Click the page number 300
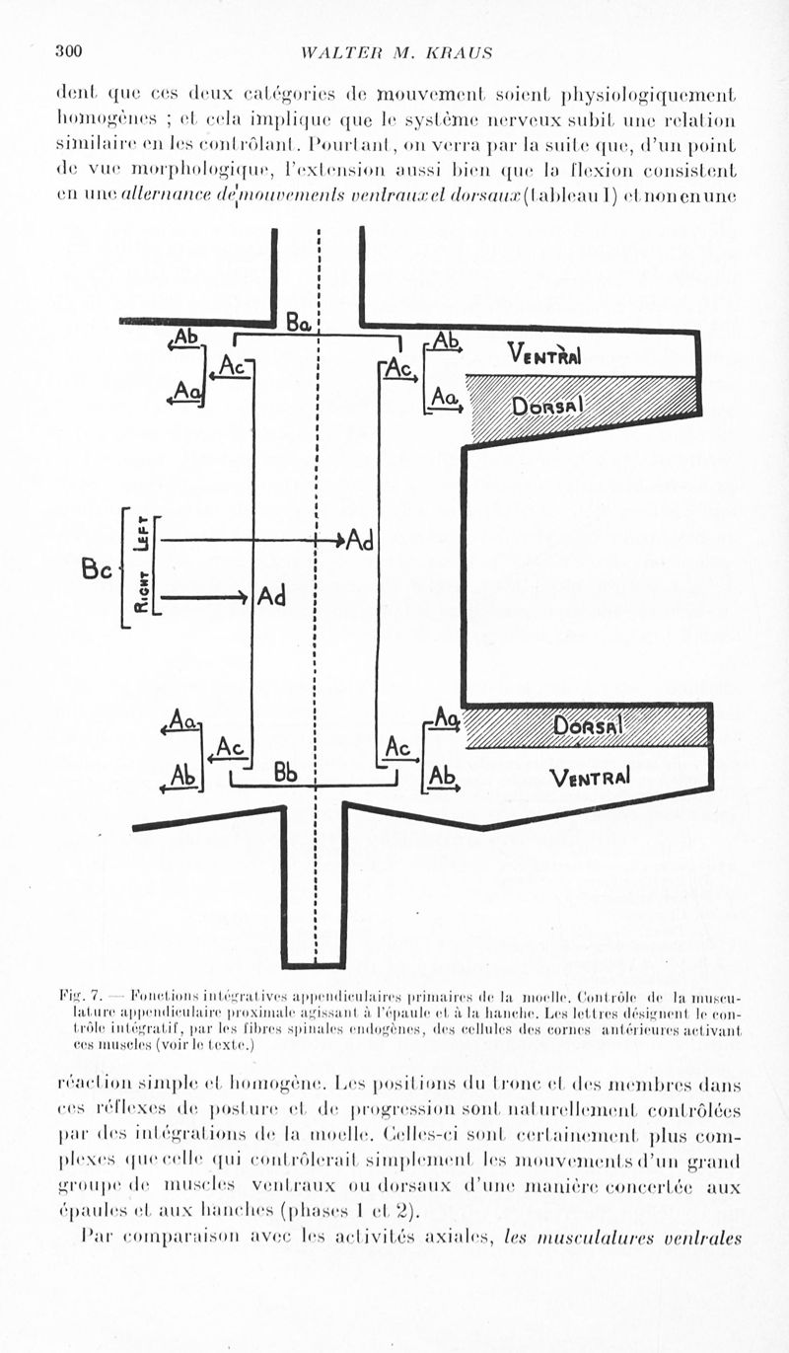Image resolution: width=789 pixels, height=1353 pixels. tap(68, 50)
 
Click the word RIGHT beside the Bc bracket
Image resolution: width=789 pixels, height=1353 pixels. tap(141, 594)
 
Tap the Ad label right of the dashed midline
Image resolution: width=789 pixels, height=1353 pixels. tap(360, 542)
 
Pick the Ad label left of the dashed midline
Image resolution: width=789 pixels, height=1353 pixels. tap(271, 597)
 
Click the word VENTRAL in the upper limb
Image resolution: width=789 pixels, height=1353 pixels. tap(543, 353)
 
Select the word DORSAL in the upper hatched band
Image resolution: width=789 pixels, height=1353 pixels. tap(549, 405)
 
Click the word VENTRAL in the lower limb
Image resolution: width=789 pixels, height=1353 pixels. tap(591, 777)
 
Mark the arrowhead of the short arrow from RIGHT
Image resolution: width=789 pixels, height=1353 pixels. tap(243, 596)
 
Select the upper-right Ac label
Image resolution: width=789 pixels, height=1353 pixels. tap(398, 369)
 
